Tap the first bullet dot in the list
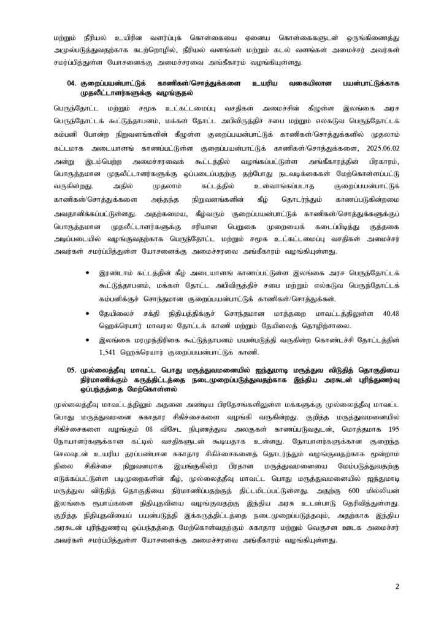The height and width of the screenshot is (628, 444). coord(89,271)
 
